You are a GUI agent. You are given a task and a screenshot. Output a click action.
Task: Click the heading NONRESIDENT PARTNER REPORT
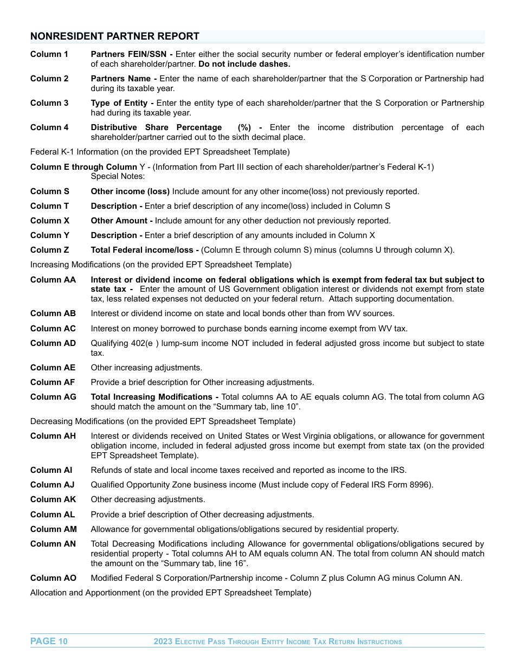click(115, 36)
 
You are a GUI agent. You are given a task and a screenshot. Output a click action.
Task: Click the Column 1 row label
click(49, 54)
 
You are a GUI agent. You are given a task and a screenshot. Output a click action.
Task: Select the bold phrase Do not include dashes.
click(244, 64)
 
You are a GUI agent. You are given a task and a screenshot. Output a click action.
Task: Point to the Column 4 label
click(49, 127)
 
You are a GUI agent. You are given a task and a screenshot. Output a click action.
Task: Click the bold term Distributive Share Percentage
click(156, 127)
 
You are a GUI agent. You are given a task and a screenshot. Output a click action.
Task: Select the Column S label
click(50, 191)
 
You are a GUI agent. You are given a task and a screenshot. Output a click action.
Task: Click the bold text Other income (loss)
click(130, 191)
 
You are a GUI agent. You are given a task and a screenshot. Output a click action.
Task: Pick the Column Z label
click(50, 250)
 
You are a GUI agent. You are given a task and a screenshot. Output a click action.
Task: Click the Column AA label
click(53, 280)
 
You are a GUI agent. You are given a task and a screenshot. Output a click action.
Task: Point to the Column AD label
click(53, 343)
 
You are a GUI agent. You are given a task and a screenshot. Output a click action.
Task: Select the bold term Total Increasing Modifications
click(151, 397)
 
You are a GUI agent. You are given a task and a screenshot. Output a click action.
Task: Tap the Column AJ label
click(53, 485)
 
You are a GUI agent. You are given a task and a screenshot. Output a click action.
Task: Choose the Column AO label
click(53, 578)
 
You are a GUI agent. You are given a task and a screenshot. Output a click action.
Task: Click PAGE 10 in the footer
click(49, 642)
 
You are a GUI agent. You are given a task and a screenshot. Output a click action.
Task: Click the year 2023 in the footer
click(163, 642)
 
